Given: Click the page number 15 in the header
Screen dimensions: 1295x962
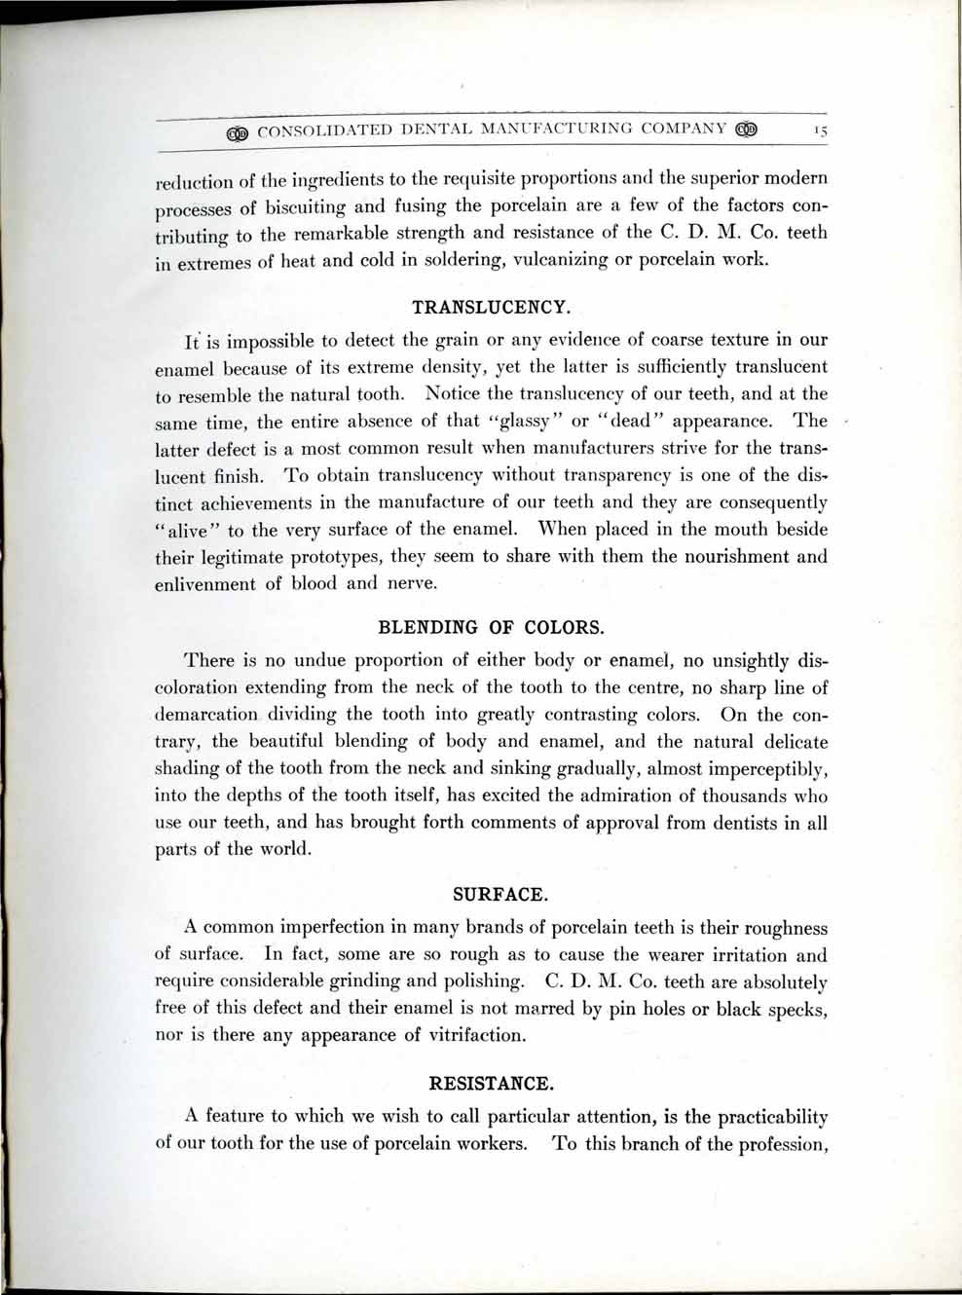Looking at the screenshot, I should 820,129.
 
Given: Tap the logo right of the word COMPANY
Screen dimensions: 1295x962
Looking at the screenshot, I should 746,129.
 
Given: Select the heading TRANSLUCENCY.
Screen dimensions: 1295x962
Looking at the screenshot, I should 491,308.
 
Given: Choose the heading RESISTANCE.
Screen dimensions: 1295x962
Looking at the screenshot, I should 491,1083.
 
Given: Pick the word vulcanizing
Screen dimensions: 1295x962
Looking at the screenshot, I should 553,260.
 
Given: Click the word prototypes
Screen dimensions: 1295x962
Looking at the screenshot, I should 333,558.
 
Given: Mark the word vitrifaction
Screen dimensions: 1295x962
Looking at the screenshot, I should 477,1035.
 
